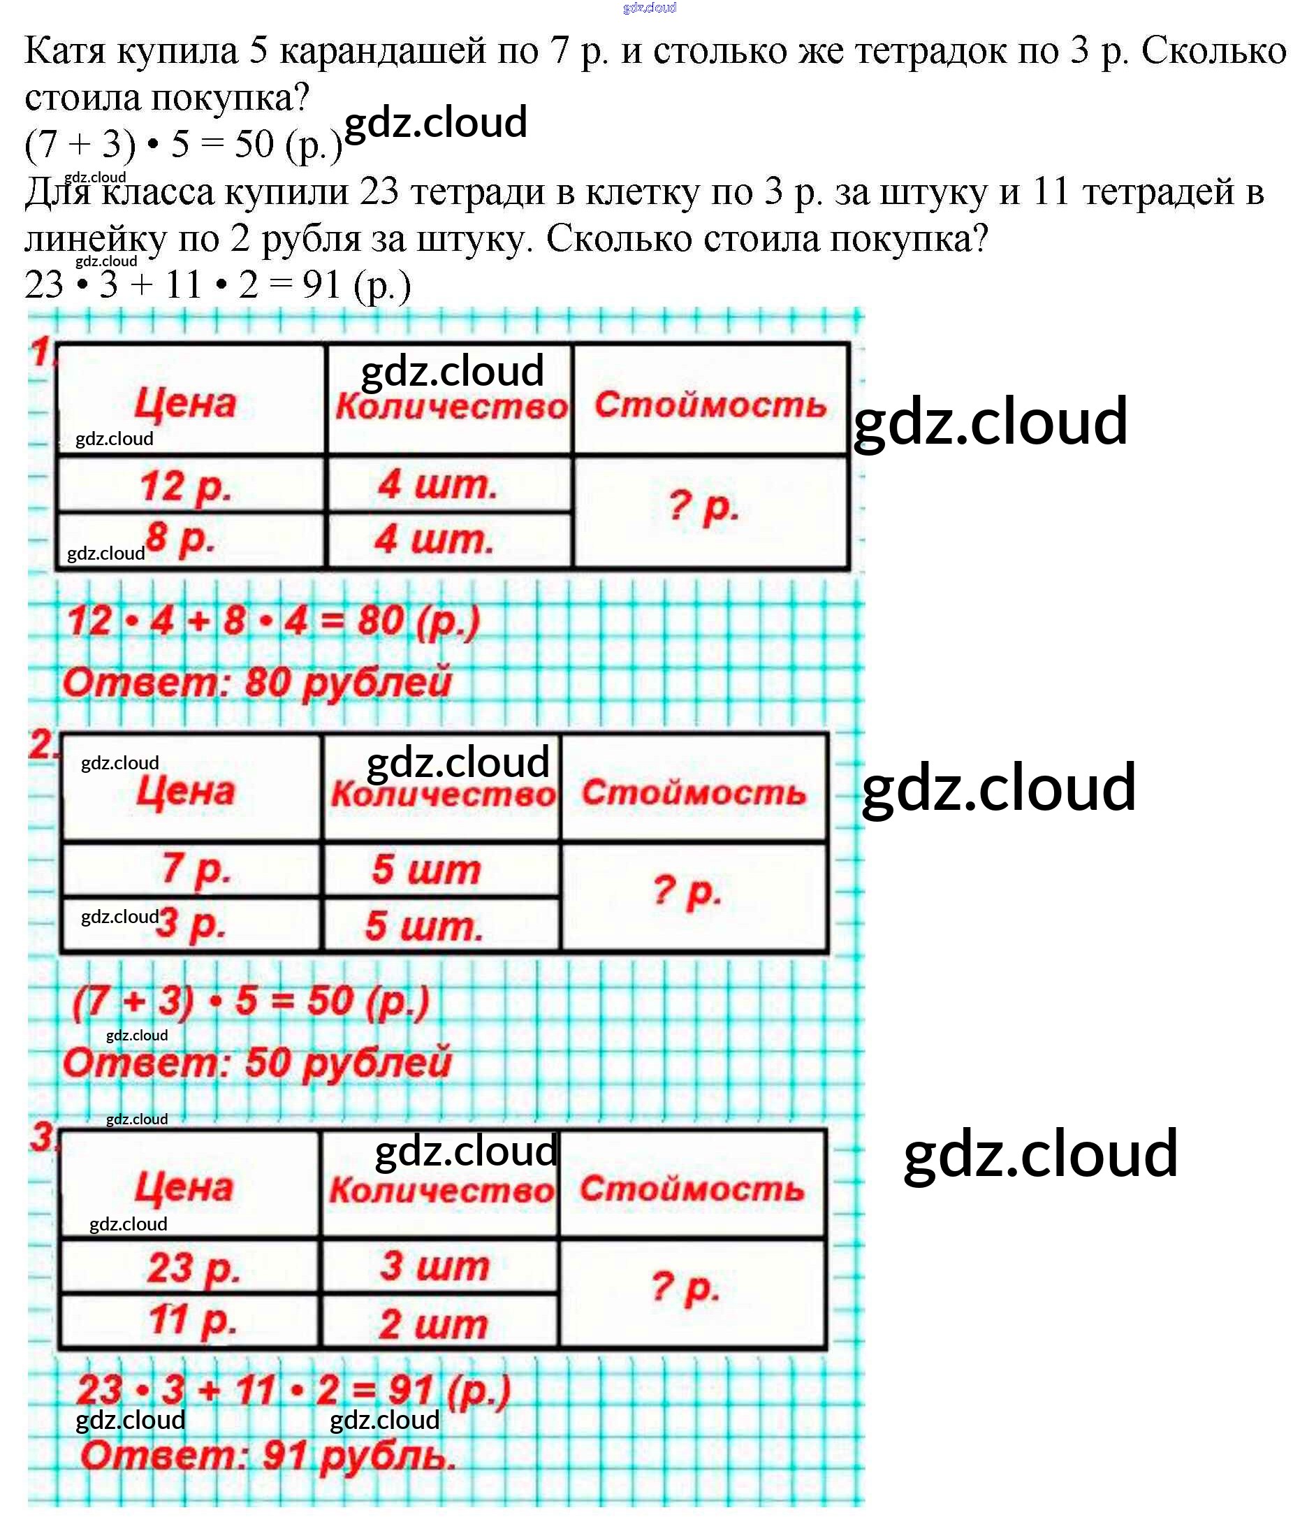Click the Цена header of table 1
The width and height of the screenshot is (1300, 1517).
pos(186,402)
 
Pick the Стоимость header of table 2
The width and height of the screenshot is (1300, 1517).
pos(694,792)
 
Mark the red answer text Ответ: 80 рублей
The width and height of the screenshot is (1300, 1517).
pos(257,683)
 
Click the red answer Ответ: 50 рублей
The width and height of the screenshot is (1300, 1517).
pos(257,1062)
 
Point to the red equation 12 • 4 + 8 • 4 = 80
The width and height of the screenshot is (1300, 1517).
pos(273,621)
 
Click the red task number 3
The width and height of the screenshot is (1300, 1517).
pos(42,1137)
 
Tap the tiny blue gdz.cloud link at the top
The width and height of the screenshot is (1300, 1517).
pos(649,8)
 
